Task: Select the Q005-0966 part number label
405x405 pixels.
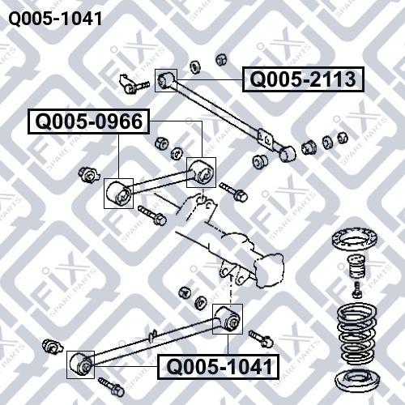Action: pos(88,122)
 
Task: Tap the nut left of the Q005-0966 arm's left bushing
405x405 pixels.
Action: pos(87,173)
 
